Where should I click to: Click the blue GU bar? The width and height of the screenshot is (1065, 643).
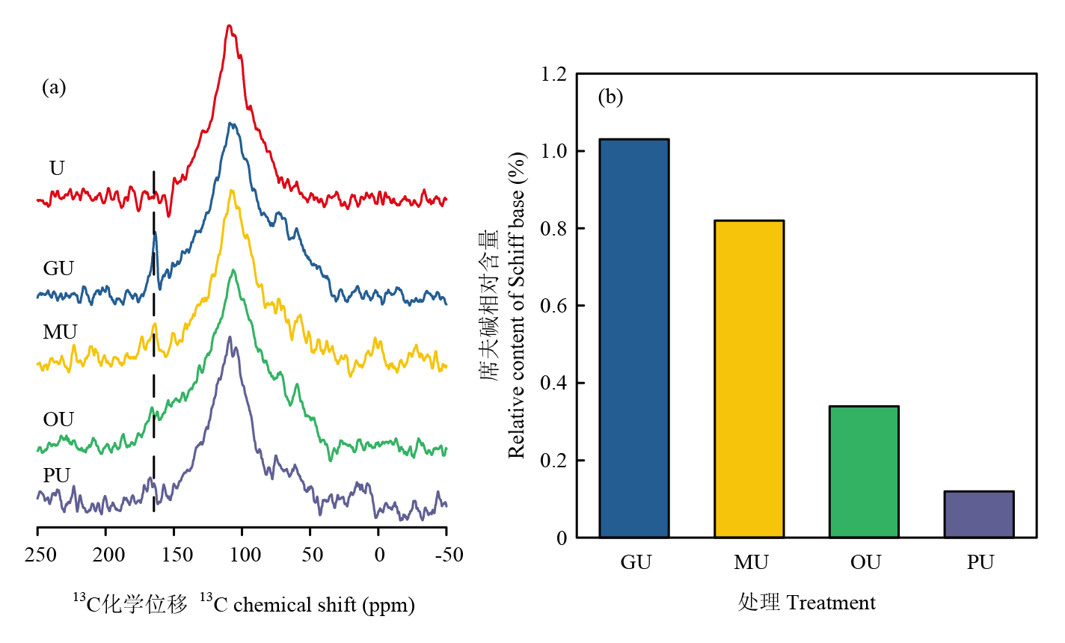click(x=634, y=338)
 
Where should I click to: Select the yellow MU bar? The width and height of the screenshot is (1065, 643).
click(x=749, y=378)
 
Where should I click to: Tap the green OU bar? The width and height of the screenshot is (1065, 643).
click(x=864, y=472)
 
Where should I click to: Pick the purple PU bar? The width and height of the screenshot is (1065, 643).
click(x=978, y=514)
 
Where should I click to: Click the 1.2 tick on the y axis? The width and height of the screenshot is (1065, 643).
click(x=554, y=74)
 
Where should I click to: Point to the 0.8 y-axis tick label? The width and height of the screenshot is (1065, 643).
click(x=554, y=229)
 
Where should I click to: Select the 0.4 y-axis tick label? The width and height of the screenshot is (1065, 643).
click(x=554, y=384)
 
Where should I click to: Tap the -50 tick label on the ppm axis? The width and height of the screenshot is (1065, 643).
click(x=446, y=555)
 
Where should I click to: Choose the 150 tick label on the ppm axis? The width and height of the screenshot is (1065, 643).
click(x=177, y=555)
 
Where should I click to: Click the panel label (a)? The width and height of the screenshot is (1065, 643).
click(x=54, y=87)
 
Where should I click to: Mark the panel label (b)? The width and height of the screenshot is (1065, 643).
click(x=610, y=97)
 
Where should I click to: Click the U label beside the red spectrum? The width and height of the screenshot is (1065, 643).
click(x=57, y=168)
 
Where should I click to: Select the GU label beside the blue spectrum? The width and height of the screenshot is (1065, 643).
click(x=58, y=268)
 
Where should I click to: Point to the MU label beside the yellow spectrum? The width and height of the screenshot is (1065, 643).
click(x=60, y=332)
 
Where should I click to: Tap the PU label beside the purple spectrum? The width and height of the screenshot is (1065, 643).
click(x=57, y=476)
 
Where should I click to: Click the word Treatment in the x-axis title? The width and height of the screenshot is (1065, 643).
click(x=830, y=603)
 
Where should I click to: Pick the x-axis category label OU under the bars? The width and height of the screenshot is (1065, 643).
click(x=865, y=562)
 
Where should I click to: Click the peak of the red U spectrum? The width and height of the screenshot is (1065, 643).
click(x=230, y=26)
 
